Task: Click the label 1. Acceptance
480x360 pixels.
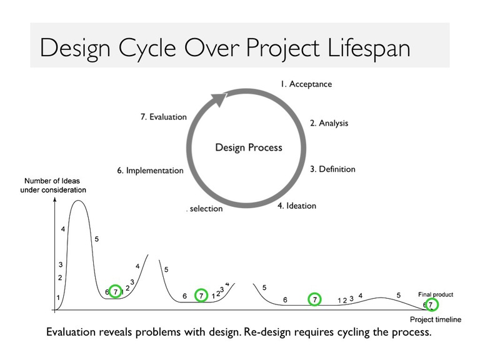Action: [306, 84]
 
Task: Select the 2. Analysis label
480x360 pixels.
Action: [329, 123]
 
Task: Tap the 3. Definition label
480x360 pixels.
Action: [332, 169]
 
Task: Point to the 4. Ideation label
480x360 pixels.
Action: [297, 206]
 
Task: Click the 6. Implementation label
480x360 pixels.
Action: [150, 171]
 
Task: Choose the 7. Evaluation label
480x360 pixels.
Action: [164, 117]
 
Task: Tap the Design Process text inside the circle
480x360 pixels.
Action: [249, 147]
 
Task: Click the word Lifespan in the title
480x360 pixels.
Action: [369, 48]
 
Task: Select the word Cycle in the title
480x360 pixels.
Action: [147, 49]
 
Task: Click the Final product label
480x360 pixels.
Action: [436, 294]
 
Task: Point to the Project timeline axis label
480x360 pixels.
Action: [436, 319]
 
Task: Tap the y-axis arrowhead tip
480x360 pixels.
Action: [55, 197]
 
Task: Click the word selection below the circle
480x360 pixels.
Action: [206, 209]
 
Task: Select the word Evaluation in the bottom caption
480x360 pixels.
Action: [71, 332]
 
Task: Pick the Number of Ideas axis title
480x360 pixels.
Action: [52, 186]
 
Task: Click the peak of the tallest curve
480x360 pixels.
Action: [78, 201]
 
